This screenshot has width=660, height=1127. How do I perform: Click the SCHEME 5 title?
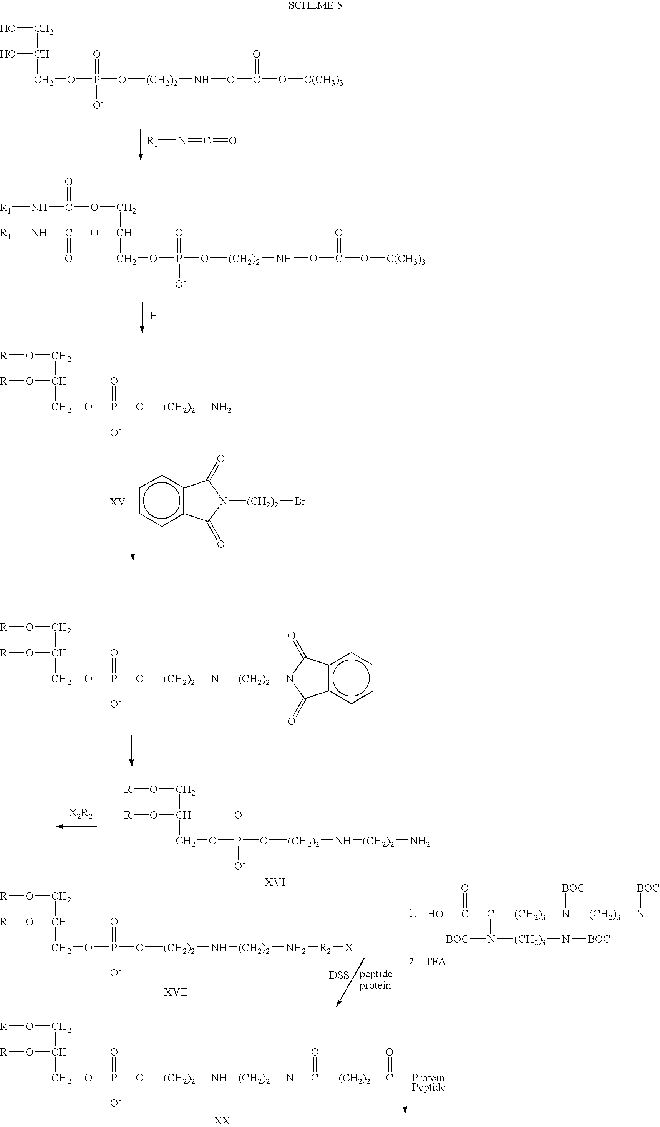315,5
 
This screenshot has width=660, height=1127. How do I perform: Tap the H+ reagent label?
156,315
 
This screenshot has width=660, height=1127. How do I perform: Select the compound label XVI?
275,882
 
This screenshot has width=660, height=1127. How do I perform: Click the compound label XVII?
176,992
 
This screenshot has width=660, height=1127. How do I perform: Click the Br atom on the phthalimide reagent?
300,501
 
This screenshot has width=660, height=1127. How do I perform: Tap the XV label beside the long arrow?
117,502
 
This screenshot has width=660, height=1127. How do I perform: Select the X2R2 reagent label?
81,814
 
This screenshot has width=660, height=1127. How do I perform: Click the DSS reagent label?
338,975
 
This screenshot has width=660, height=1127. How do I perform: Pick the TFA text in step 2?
436,962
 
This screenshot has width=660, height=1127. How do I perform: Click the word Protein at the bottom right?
428,1078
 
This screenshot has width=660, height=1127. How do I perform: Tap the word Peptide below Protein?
429,1087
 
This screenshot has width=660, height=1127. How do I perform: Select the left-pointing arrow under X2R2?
76,827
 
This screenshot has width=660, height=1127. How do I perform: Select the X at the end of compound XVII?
349,947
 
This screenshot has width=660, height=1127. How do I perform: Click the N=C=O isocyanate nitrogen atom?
182,141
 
